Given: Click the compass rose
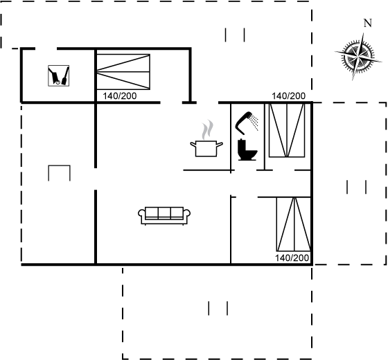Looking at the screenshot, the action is (359, 57).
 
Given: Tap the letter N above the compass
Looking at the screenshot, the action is (368, 23).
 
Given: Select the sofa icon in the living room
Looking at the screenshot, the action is (164, 216).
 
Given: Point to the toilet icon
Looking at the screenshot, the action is (247, 150).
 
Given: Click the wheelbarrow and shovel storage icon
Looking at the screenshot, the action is (59, 75).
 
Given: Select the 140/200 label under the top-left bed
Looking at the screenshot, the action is (119, 96).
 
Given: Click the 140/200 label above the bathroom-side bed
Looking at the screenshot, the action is (288, 96).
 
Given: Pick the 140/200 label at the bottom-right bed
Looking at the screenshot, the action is (292, 258).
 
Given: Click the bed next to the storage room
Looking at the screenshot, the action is (123, 72).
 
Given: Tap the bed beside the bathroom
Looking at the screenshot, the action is (287, 130).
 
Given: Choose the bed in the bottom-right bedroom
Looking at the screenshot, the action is (294, 224).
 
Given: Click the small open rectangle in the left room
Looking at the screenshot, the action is (59, 165).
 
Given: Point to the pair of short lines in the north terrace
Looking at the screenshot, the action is (235, 35).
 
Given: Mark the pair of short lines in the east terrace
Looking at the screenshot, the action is (357, 187).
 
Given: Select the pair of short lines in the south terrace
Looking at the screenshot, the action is (218, 308).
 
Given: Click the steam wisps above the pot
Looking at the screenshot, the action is (207, 129).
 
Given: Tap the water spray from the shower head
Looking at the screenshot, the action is (254, 123).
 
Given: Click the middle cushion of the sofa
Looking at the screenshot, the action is (164, 213).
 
